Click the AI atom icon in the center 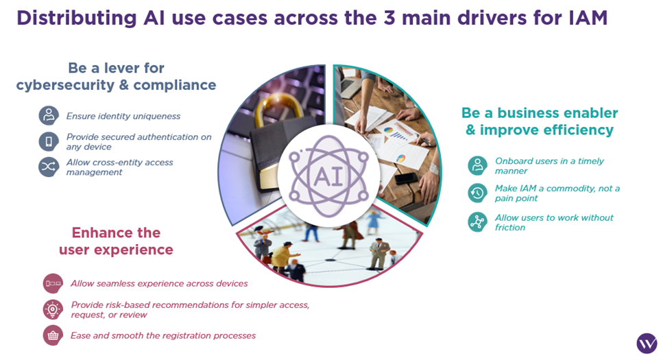[x=329, y=176]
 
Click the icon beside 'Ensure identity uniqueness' [x=49, y=115]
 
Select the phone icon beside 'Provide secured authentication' [x=49, y=141]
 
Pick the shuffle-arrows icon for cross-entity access [x=49, y=167]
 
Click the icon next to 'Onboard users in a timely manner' [x=478, y=166]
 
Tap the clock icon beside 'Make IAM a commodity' [x=478, y=193]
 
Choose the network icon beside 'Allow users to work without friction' [x=478, y=221]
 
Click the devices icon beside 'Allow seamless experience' [x=53, y=283]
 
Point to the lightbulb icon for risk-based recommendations [x=53, y=309]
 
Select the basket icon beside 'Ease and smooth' [x=53, y=335]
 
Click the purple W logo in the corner [x=647, y=343]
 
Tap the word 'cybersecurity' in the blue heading [x=65, y=85]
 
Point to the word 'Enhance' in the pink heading [x=100, y=232]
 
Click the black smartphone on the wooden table [x=405, y=178]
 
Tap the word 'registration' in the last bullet [x=187, y=336]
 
